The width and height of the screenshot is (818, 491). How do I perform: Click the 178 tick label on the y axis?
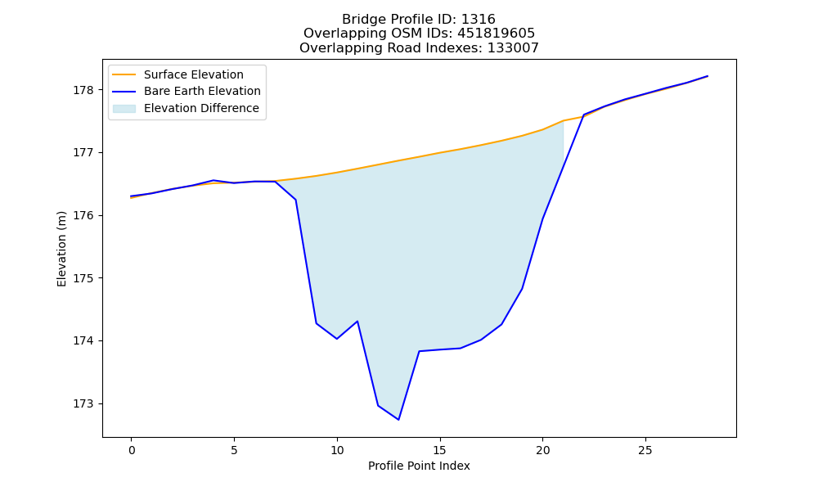[x=83, y=90]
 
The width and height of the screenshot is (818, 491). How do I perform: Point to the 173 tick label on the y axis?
[x=83, y=404]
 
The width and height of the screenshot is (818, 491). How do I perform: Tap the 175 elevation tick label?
[x=83, y=278]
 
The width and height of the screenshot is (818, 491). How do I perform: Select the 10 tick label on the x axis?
[x=337, y=450]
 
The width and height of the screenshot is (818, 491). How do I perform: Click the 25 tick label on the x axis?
[x=645, y=450]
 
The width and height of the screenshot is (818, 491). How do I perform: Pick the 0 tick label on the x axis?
[x=132, y=450]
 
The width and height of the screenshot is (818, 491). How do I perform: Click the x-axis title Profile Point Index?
[x=419, y=466]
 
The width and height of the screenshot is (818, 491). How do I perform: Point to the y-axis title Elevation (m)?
[x=61, y=249]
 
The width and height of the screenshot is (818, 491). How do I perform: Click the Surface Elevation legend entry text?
[x=194, y=74]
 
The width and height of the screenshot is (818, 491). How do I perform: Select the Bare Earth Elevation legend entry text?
[x=202, y=91]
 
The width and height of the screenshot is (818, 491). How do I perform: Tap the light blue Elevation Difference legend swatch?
[x=124, y=109]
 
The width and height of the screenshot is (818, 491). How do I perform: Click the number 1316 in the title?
[x=479, y=20]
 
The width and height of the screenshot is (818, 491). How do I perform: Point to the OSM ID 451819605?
[x=497, y=34]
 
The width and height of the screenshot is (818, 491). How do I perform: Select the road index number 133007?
[x=513, y=48]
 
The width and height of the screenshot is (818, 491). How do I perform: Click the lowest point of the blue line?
[x=398, y=420]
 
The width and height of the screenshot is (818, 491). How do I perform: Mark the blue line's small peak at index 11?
[x=357, y=321]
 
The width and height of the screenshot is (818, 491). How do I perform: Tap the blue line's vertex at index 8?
[x=296, y=200]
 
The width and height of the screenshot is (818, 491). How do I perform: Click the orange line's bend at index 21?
[x=564, y=120]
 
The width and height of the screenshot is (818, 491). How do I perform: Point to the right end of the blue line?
[x=708, y=76]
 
